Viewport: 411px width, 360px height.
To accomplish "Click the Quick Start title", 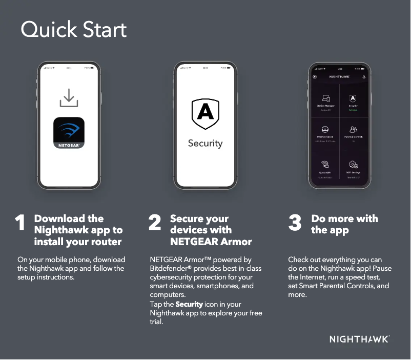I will click(x=73, y=30).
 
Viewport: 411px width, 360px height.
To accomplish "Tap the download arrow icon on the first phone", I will click(x=69, y=98).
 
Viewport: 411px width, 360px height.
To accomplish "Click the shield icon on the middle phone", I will click(x=205, y=114).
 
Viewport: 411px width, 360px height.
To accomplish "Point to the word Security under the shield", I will click(x=205, y=144).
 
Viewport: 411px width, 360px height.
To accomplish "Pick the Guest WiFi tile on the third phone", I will click(x=325, y=167).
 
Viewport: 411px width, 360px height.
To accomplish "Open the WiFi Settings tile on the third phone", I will click(x=353, y=167).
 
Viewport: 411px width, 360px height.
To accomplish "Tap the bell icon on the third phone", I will click(x=364, y=77).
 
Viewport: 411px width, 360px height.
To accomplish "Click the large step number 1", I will click(x=20, y=224).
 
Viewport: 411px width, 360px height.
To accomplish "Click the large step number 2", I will click(x=154, y=224).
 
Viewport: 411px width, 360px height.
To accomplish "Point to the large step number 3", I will click(x=295, y=224).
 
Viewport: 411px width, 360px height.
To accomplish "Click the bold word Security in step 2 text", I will click(x=189, y=304).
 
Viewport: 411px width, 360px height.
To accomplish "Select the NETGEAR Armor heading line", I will click(x=211, y=242).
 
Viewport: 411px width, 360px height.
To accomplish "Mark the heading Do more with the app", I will click(x=344, y=225).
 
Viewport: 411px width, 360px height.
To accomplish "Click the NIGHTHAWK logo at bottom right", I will click(x=359, y=339).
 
